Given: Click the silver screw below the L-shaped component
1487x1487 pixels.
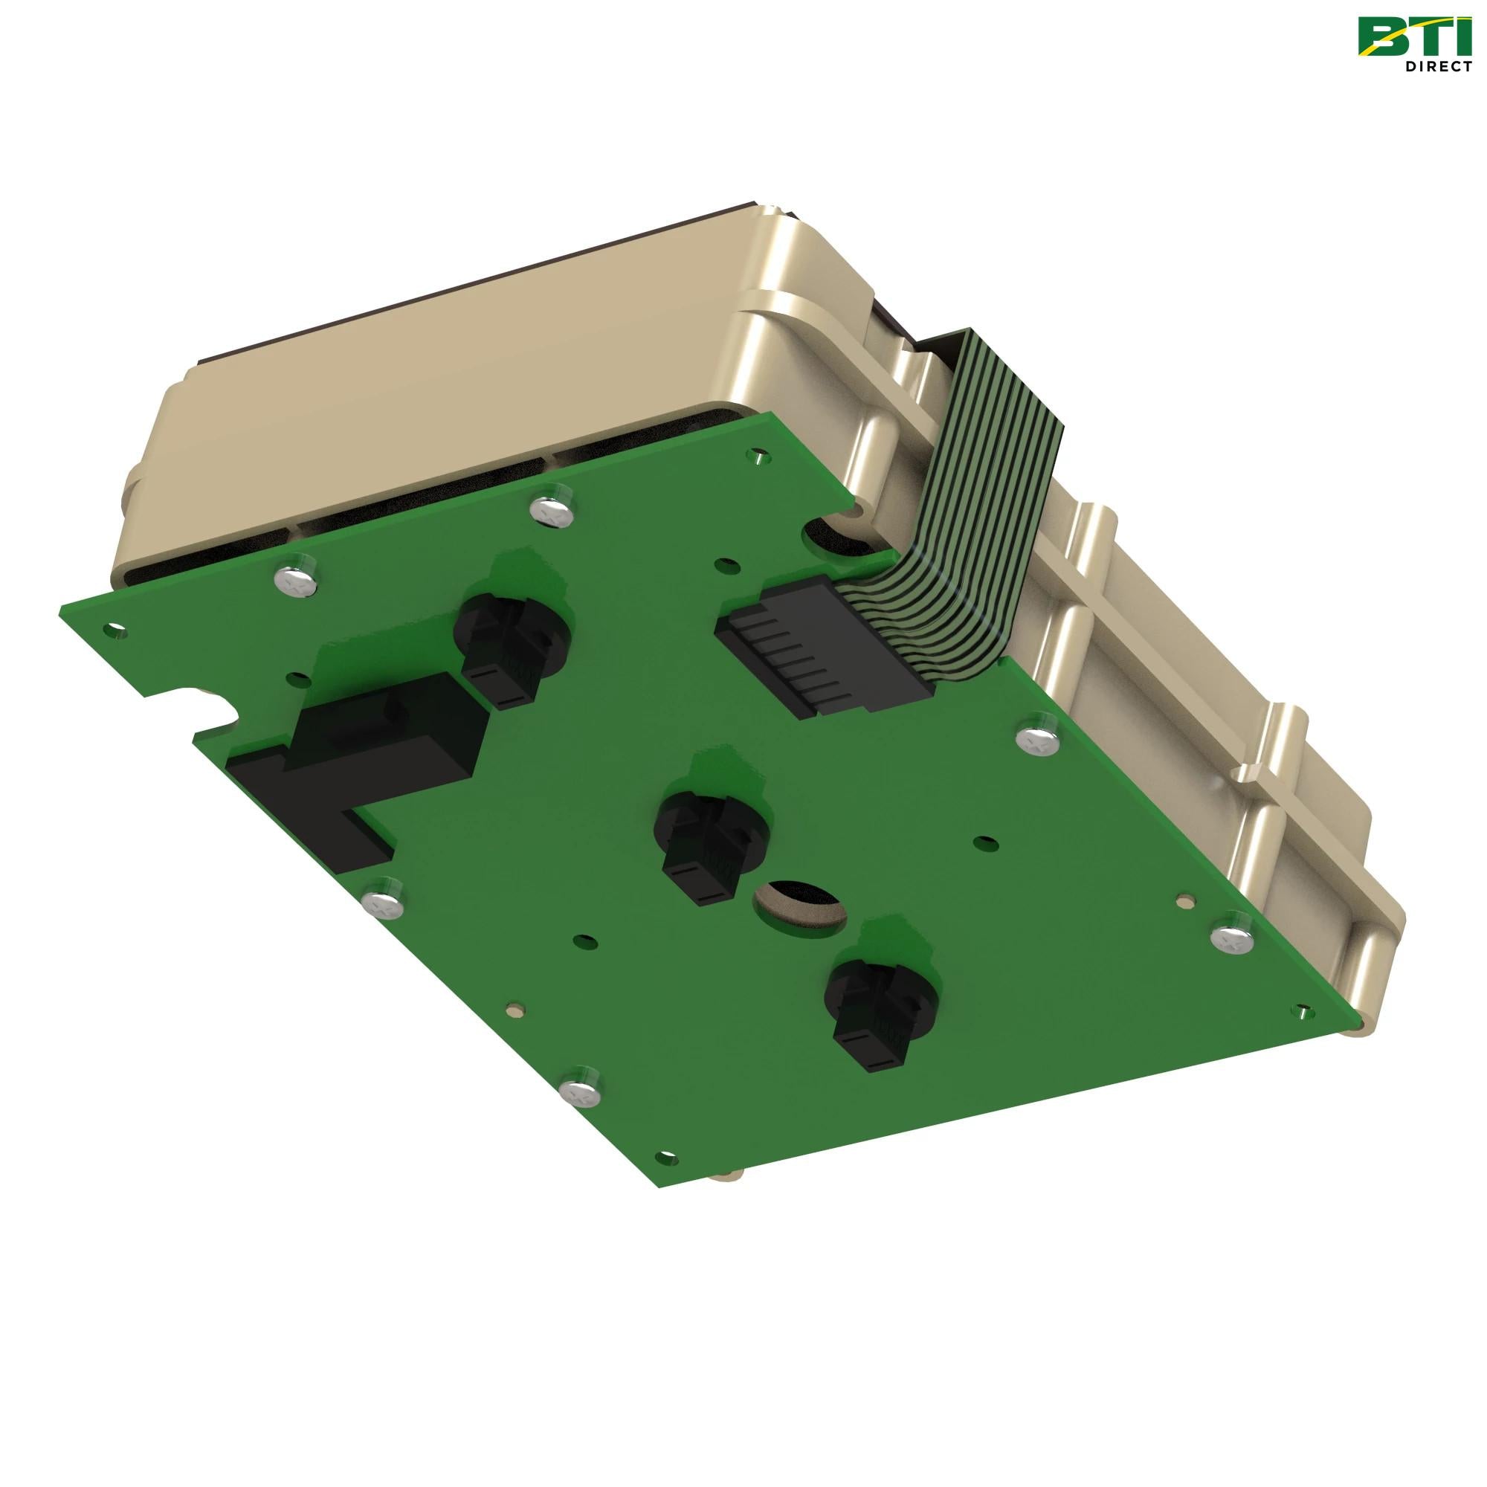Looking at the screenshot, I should (x=382, y=898).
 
